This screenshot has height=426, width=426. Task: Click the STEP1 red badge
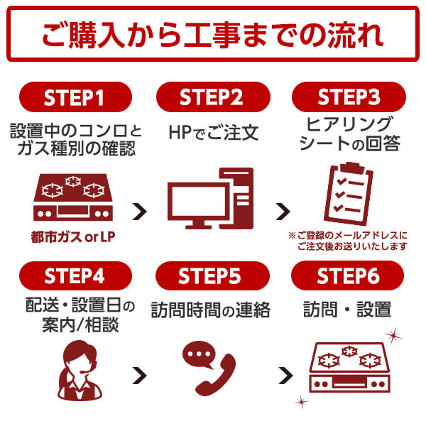click(75, 97)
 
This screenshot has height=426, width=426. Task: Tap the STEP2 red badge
click(212, 97)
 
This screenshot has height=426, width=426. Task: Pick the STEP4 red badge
click(75, 276)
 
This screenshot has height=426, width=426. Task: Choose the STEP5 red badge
click(212, 276)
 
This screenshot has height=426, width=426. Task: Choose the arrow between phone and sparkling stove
click(284, 374)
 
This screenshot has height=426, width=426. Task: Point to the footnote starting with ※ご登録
click(349, 241)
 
